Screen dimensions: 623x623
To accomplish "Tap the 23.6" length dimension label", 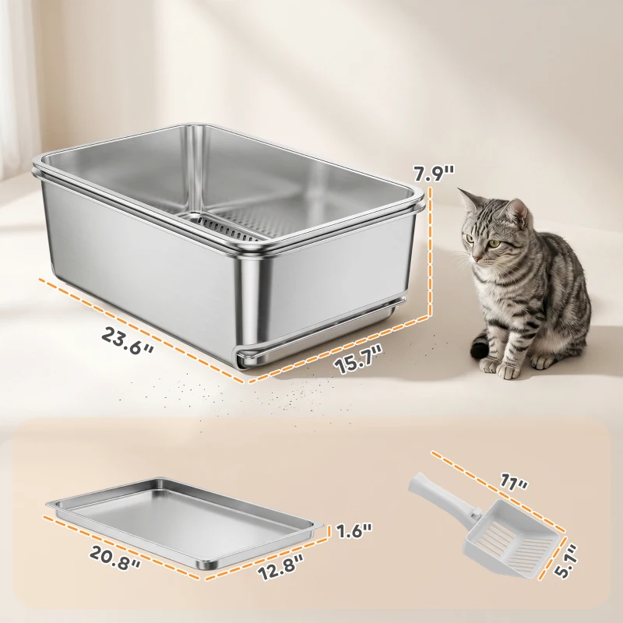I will coord(128,340).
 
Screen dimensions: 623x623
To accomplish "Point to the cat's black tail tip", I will coord(479,349).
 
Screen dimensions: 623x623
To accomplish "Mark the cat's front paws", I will coord(498,366).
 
